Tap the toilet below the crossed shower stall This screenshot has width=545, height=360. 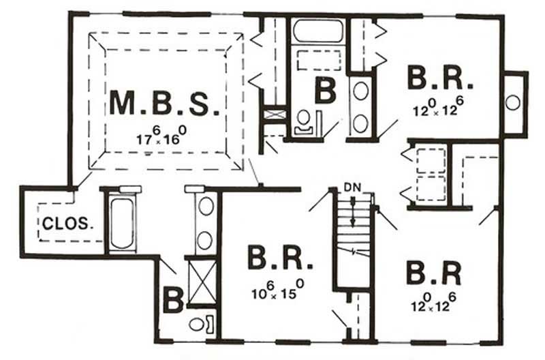click(x=198, y=323)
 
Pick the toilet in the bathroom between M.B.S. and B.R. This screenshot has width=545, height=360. click(x=303, y=121)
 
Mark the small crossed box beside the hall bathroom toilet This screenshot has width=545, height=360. click(x=275, y=115)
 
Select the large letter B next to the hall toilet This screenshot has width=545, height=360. click(x=324, y=90)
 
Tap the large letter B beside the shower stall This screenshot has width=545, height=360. click(x=172, y=300)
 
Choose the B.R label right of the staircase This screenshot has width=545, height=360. click(x=433, y=271)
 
